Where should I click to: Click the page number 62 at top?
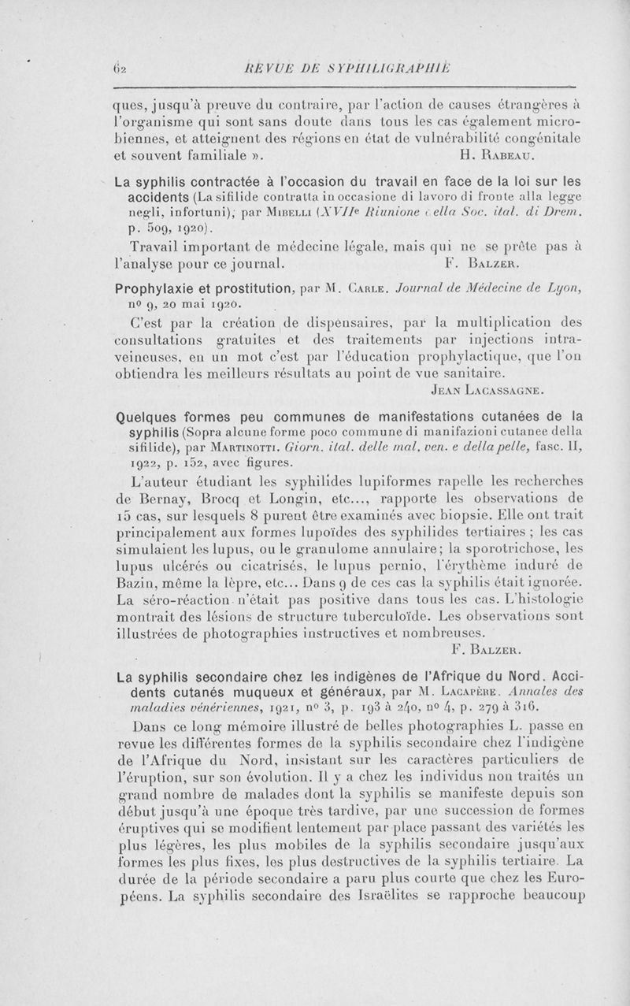127,68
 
